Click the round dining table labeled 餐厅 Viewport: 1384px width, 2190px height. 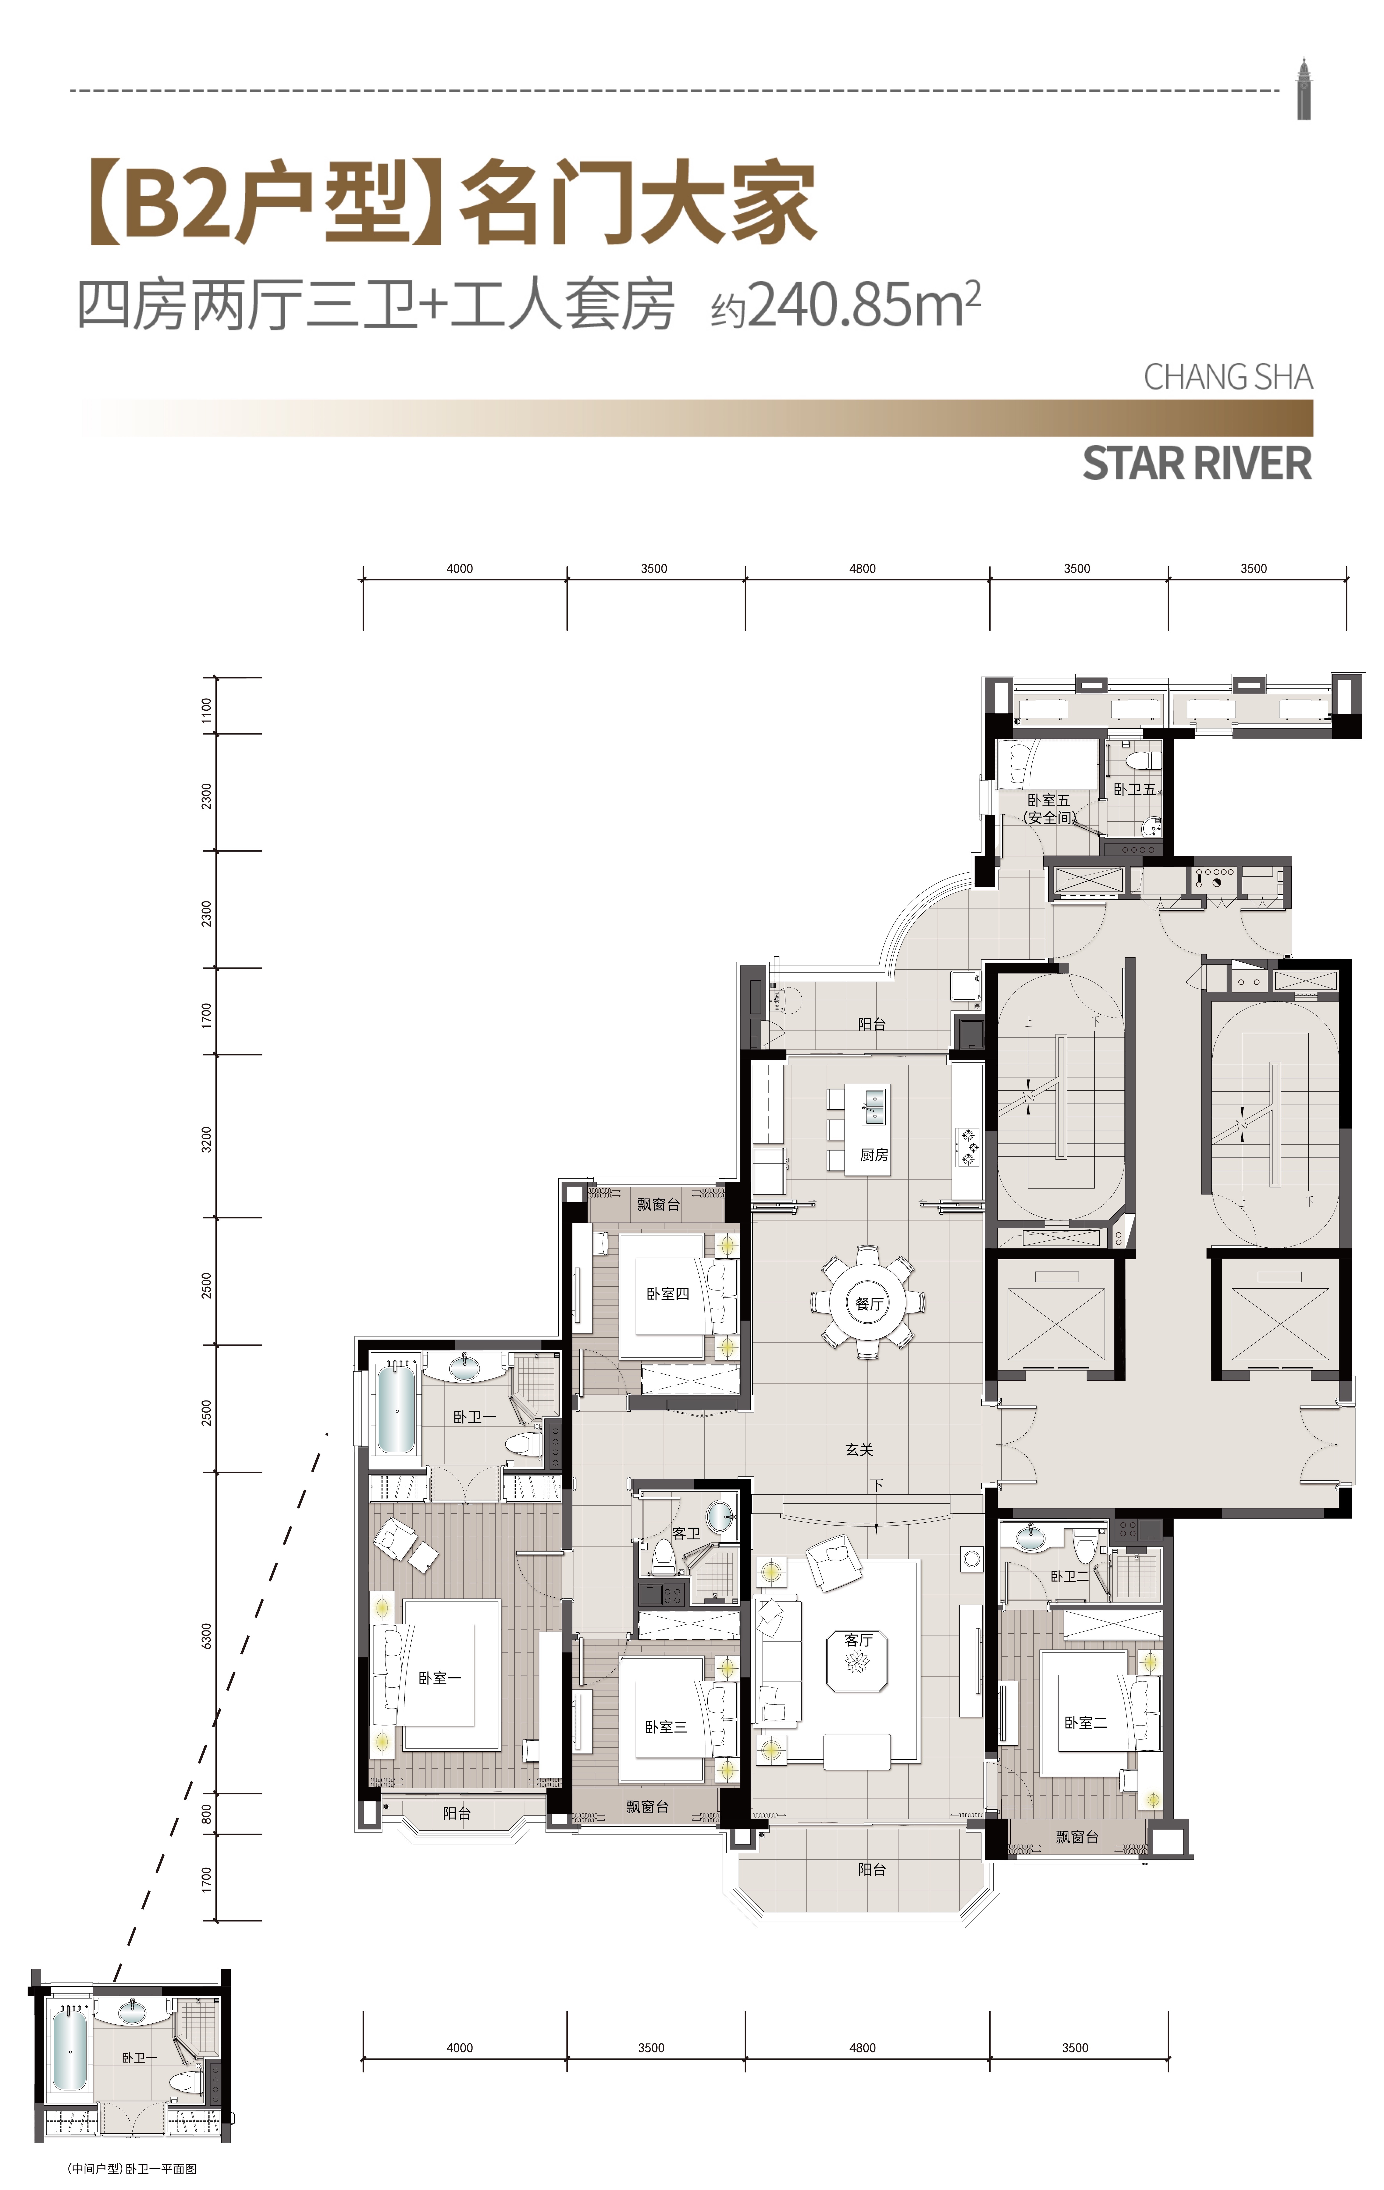point(868,1302)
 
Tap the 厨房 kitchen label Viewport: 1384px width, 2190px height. point(874,1154)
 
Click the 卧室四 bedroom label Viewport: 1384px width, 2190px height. point(667,1293)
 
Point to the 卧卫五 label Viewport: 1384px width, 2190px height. point(1135,789)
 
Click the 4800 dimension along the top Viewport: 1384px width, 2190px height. point(862,568)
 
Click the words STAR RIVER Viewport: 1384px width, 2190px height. point(1197,463)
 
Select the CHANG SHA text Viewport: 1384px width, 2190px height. point(1228,376)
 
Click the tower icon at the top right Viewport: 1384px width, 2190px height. point(1304,88)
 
